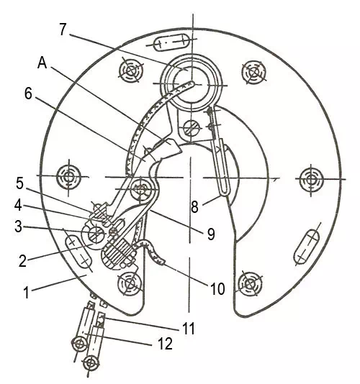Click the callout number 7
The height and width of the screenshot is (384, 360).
[x=63, y=29]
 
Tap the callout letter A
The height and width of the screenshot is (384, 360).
[x=42, y=63]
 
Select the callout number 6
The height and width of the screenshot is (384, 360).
[x=28, y=93]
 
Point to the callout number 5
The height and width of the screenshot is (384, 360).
[x=20, y=183]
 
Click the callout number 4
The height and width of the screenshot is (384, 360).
[x=18, y=206]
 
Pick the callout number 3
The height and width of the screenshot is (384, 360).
[x=18, y=227]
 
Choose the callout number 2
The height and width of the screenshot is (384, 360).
[x=22, y=261]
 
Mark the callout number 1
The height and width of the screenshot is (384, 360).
[x=27, y=293]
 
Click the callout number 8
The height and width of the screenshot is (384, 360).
[x=194, y=207]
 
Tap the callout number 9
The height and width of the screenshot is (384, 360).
[x=211, y=234]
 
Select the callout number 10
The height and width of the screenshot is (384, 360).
[x=217, y=289]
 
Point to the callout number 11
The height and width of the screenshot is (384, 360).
[x=189, y=329]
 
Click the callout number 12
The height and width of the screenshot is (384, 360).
[x=166, y=343]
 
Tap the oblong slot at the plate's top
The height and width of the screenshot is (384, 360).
[x=171, y=42]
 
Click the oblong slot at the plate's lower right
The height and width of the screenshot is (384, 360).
[x=307, y=247]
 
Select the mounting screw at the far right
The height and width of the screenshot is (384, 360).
[x=311, y=178]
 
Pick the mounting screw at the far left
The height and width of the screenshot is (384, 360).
[x=68, y=176]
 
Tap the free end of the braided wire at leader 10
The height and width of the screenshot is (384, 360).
[x=163, y=262]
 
